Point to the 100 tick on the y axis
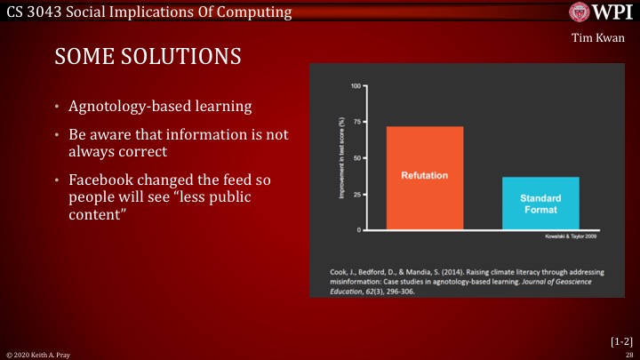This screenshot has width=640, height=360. click(356, 86)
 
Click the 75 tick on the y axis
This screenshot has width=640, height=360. click(356, 121)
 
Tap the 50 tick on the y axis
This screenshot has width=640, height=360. click(356, 157)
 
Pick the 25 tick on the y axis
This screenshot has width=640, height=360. click(356, 194)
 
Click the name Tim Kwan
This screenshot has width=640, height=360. click(605, 39)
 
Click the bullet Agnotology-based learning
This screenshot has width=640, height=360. click(160, 107)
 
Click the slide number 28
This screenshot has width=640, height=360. click(628, 354)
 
